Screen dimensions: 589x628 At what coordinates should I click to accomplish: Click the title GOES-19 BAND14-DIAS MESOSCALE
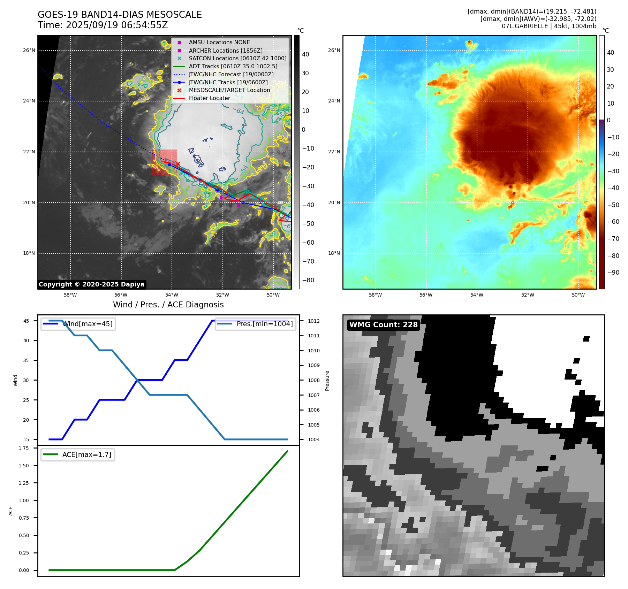tap(120, 15)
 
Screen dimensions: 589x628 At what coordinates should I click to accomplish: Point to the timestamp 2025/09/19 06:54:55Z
tap(117, 25)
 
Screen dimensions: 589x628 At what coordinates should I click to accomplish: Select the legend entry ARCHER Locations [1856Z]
tap(225, 51)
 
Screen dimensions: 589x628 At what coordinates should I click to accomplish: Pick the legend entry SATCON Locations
tap(237, 59)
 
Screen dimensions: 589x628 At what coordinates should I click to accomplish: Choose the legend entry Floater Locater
tap(209, 98)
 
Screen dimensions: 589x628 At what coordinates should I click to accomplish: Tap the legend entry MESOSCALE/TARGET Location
tap(229, 90)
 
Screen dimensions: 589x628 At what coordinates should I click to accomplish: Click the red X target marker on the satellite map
tap(178, 164)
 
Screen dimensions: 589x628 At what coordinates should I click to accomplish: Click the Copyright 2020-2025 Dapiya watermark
tap(91, 284)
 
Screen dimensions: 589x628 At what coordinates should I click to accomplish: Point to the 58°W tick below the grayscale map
tap(70, 295)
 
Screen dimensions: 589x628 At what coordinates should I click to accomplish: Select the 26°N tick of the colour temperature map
tap(334, 50)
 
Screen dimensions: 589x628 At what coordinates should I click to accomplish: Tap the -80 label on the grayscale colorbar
tap(308, 280)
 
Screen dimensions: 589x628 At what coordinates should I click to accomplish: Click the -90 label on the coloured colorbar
tap(613, 273)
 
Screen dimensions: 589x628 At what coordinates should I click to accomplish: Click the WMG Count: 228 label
tap(383, 325)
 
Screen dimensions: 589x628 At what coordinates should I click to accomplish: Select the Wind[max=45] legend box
tap(78, 324)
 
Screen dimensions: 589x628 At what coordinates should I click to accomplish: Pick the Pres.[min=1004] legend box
tap(255, 324)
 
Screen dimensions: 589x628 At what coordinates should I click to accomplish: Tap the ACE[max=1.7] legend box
tap(78, 454)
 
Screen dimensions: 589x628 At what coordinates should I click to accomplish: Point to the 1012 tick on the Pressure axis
tap(313, 321)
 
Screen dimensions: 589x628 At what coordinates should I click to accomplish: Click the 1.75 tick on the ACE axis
tap(24, 448)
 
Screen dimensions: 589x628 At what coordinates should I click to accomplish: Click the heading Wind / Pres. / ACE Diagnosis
tap(168, 305)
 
